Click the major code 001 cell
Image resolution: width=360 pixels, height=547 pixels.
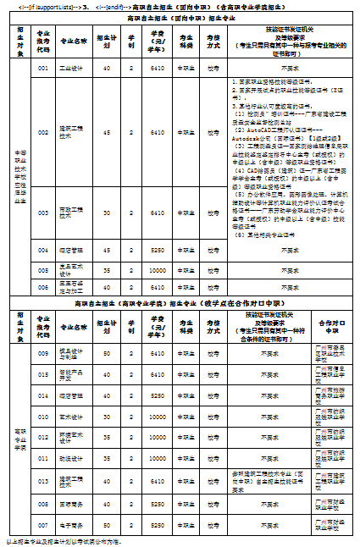tap(44, 69)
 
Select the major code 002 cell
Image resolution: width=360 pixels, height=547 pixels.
tap(44, 132)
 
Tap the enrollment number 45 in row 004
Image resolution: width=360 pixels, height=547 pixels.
tap(106, 251)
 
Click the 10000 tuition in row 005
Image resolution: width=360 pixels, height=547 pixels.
tap(158, 270)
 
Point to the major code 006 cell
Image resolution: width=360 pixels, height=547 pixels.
tap(44, 287)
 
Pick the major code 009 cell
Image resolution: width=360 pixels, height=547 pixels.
tap(44, 352)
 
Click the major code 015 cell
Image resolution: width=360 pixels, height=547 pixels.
tap(44, 373)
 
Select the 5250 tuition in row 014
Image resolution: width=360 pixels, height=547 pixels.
tap(158, 395)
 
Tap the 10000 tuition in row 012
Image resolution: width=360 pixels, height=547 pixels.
tap(158, 438)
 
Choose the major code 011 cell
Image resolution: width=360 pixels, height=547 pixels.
tap(44, 459)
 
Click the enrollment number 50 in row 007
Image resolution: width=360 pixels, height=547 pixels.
tap(106, 524)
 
